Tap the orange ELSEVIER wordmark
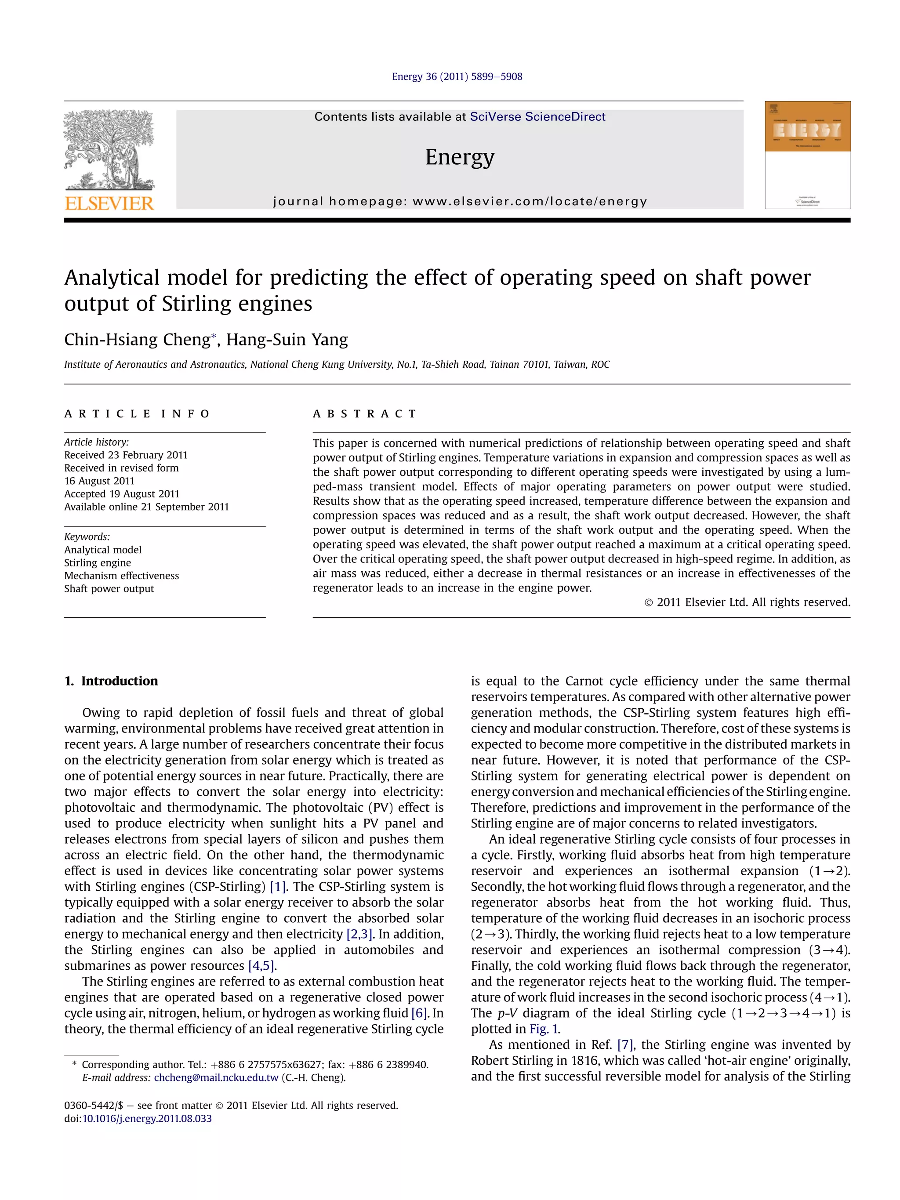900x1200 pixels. pos(109,203)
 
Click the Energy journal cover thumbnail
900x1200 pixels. pos(807,155)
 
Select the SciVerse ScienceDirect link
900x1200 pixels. pos(537,116)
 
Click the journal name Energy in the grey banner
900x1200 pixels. pos(460,157)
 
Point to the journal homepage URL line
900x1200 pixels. pos(460,201)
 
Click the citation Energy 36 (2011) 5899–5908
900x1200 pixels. pos(457,76)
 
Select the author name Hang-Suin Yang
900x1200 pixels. pos(287,340)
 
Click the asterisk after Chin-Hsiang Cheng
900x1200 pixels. pos(214,336)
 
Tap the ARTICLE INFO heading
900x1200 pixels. pos(137,414)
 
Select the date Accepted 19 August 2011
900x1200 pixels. pos(122,494)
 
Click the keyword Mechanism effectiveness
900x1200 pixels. pos(122,576)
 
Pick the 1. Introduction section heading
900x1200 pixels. pos(111,681)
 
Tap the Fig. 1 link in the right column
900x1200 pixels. pos(544,1029)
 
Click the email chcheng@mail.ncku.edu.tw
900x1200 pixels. pos(216,1078)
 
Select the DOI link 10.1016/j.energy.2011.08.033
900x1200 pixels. pos(146,1119)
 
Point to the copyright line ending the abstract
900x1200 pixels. pos(747,602)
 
